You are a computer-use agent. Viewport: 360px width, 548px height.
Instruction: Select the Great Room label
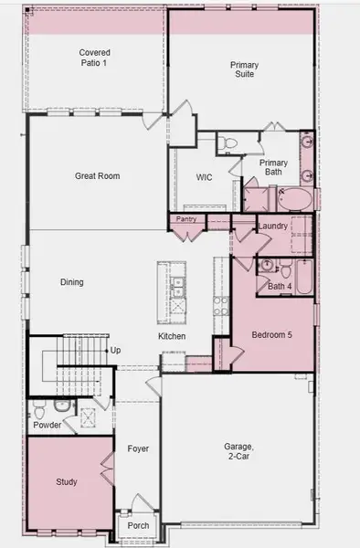point(97,176)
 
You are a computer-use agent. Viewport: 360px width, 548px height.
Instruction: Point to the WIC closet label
point(205,177)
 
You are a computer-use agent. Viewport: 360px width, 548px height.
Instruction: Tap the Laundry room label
point(274,226)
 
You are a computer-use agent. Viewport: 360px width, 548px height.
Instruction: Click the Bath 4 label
point(280,287)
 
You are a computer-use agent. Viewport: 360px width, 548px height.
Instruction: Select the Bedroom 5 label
point(271,335)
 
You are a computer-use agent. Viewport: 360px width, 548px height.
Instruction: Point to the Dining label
point(71,282)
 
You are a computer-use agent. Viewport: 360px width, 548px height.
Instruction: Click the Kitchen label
point(172,337)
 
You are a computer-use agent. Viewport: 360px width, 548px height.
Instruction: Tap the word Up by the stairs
point(115,350)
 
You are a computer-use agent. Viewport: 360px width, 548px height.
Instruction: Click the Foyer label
point(138,448)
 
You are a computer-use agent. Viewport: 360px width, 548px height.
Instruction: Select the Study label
point(66,481)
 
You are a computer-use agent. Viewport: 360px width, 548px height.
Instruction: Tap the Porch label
point(139,525)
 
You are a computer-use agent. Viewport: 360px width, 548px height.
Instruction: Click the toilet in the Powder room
point(59,406)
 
